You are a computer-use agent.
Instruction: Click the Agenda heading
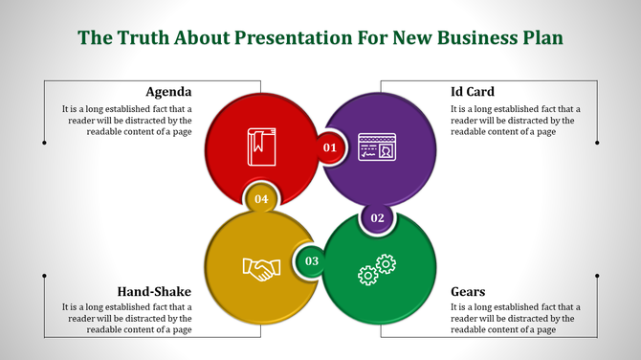click(x=168, y=92)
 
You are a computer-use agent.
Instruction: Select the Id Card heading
click(x=472, y=92)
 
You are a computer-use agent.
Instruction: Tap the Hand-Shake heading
click(x=154, y=291)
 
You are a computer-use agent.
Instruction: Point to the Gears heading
click(x=468, y=291)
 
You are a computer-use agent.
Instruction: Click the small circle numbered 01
click(x=330, y=147)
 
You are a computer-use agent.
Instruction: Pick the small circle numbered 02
click(x=377, y=218)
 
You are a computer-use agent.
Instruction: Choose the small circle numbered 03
click(x=311, y=260)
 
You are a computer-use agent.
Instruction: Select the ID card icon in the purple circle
click(x=377, y=147)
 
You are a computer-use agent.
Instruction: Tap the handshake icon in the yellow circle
click(x=260, y=268)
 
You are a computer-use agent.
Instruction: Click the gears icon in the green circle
click(x=376, y=269)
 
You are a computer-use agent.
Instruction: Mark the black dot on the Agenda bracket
click(x=44, y=143)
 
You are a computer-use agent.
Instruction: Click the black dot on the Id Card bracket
click(x=597, y=143)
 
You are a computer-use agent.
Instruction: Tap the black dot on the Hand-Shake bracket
click(x=44, y=276)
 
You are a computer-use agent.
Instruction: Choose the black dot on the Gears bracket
click(x=597, y=276)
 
